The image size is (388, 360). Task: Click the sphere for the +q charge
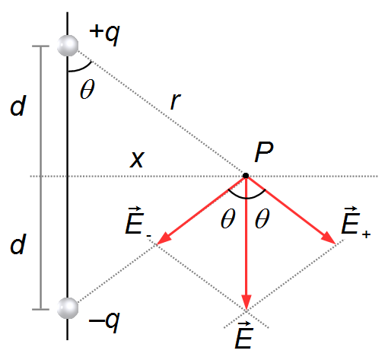(68, 46)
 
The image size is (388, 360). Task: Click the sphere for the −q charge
(68, 308)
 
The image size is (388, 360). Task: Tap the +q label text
(104, 34)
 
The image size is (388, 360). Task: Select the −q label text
(104, 322)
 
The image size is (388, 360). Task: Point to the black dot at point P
(246, 176)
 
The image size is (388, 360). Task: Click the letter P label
(264, 151)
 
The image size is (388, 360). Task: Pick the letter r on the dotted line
(176, 101)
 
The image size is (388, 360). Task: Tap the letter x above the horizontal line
(137, 160)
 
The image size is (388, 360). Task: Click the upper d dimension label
(17, 105)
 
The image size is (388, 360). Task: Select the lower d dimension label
(17, 244)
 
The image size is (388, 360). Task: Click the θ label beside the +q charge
(87, 89)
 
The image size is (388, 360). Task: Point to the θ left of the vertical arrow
(227, 218)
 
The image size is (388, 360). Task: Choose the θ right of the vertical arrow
(262, 218)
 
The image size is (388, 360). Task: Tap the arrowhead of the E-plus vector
(329, 238)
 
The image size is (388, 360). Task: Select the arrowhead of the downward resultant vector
(246, 302)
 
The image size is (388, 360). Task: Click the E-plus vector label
(356, 223)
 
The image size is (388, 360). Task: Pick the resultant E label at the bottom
(243, 336)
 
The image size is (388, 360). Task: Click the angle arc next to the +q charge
(81, 68)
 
